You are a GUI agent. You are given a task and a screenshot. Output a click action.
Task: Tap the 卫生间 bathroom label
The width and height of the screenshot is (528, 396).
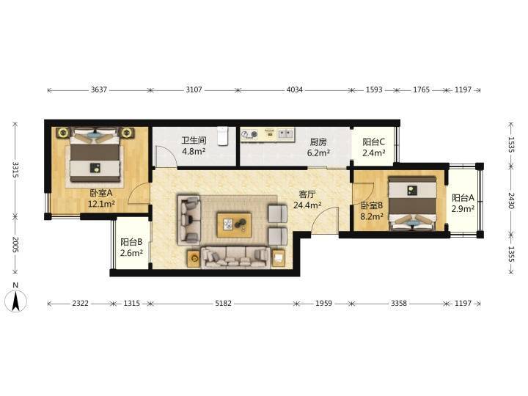click(x=194, y=140)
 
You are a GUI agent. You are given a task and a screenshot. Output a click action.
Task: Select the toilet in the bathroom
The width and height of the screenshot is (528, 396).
click(x=223, y=136)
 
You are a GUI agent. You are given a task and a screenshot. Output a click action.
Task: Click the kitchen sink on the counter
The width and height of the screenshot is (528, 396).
click(x=285, y=134)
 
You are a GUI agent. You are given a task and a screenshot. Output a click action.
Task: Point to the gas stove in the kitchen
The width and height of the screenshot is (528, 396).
click(x=249, y=135)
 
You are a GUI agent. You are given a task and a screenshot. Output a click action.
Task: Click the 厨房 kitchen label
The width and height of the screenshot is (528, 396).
click(x=318, y=142)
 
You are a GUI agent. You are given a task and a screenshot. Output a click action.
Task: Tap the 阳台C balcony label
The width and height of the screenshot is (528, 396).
click(x=374, y=142)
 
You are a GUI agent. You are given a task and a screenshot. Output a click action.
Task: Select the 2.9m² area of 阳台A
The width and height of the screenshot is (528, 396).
click(x=463, y=208)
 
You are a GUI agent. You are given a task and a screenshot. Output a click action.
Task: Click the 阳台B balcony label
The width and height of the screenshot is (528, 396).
click(x=131, y=242)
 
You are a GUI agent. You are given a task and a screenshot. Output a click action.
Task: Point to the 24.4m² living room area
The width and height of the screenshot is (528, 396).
click(x=307, y=205)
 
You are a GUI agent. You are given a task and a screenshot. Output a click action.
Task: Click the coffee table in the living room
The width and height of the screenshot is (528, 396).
click(x=235, y=224)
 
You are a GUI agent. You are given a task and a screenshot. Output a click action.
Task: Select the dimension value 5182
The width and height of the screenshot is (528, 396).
click(x=223, y=304)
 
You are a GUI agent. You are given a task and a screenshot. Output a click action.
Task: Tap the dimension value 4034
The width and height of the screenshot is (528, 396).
click(x=294, y=89)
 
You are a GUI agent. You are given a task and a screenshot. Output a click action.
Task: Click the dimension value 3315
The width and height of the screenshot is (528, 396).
click(x=15, y=169)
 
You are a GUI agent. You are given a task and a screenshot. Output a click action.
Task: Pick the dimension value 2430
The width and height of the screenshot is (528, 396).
click(x=512, y=201)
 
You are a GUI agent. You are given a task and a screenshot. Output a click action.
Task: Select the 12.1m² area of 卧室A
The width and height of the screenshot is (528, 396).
click(x=101, y=204)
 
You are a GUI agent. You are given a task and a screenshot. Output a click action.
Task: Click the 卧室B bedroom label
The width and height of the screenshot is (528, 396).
click(x=372, y=205)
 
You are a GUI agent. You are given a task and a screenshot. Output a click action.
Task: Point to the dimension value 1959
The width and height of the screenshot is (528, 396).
click(x=323, y=304)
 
